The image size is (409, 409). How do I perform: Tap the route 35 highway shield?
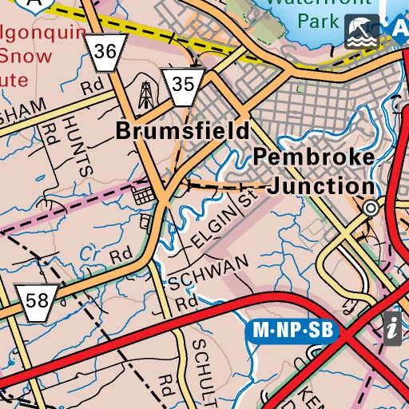point(182,84)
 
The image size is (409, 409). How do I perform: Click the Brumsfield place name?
point(182,131)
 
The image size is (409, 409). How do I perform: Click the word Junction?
point(321,187)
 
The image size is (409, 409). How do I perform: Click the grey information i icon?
point(392,328)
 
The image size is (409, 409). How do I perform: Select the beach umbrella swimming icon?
point(362,30)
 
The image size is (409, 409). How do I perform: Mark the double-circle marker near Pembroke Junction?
point(370,208)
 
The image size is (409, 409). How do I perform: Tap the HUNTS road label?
point(82,144)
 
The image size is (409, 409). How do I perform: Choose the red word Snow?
point(26,57)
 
